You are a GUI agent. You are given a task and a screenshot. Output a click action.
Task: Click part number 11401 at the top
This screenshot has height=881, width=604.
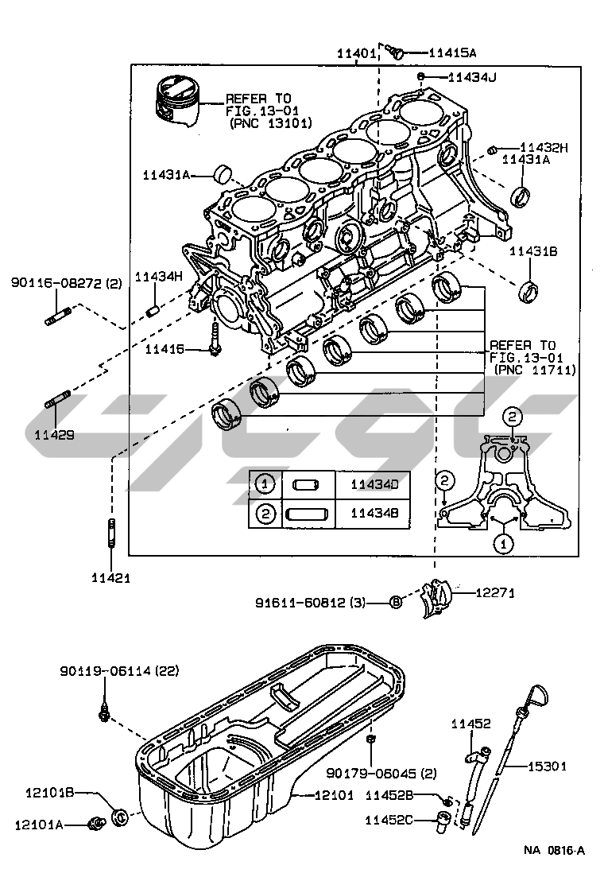point(355,53)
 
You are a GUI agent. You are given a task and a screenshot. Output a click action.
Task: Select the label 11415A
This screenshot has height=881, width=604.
point(451,53)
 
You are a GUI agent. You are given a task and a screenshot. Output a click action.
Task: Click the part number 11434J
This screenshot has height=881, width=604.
point(472,77)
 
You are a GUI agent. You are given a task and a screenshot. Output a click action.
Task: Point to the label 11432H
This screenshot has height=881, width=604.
point(544,147)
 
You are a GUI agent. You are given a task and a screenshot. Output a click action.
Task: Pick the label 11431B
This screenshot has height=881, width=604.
point(533,251)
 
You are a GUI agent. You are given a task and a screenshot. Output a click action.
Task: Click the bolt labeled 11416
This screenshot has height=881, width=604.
point(216,342)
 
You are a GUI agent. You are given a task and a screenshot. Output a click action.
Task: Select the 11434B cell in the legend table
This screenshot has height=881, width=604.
point(374,514)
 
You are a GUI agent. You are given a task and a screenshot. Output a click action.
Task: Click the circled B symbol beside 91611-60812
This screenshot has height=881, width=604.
point(396,603)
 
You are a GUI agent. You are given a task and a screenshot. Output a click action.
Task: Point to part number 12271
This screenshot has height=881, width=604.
point(498,592)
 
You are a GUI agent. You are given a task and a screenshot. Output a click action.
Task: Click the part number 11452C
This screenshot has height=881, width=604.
point(389,818)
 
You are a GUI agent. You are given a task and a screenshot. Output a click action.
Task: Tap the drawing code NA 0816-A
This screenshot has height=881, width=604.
point(554,850)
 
